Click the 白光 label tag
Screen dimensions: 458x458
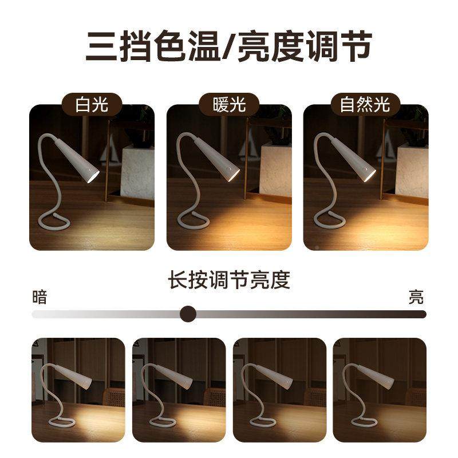click(x=92, y=105)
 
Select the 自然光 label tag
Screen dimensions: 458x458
click(x=365, y=105)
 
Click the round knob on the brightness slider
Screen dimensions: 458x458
click(x=188, y=314)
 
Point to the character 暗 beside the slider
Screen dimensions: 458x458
click(x=40, y=297)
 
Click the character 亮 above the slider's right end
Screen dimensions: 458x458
click(x=416, y=297)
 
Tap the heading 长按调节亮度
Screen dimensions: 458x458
click(x=229, y=281)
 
